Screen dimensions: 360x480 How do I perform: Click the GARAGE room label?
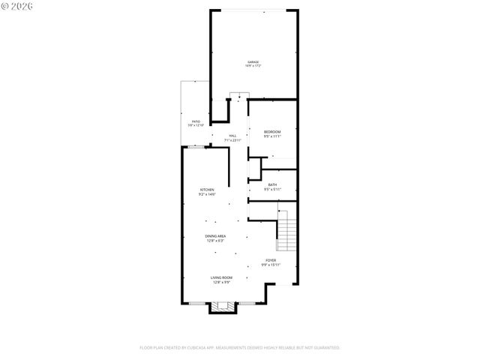(x=253, y=61)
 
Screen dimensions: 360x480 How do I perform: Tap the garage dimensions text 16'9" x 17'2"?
(x=253, y=66)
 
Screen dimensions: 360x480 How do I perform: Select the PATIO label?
(x=196, y=121)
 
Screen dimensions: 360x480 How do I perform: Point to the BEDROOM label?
(x=272, y=132)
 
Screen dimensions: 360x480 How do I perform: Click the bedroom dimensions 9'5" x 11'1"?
(x=272, y=136)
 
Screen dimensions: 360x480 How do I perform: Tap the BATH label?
(x=272, y=184)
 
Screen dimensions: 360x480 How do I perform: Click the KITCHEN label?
(x=207, y=190)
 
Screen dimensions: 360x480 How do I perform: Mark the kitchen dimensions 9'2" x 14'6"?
(x=207, y=194)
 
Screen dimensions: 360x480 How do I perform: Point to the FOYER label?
(x=270, y=260)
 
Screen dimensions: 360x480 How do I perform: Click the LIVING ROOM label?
(x=220, y=277)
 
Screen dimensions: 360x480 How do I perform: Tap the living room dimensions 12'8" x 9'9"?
(x=220, y=282)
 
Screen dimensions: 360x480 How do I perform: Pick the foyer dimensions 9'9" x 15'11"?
(x=270, y=265)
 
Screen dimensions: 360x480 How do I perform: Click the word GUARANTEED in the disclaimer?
(x=323, y=348)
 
